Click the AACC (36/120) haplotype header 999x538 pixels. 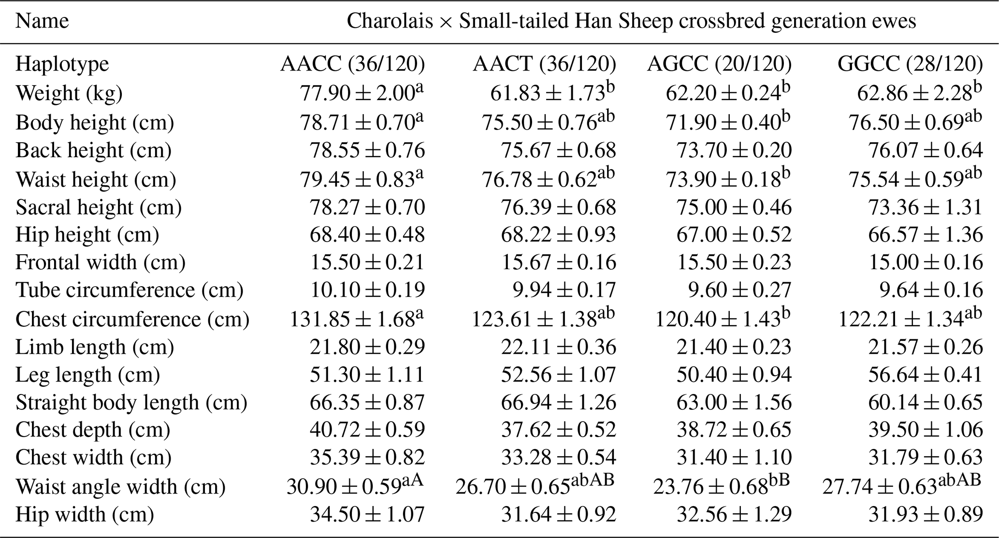[x=352, y=64]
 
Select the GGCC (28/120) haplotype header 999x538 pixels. [x=910, y=64]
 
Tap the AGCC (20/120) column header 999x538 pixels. [x=719, y=64]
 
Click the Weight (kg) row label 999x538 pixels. [x=69, y=93]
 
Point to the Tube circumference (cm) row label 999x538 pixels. [x=129, y=290]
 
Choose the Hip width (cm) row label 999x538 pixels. [x=85, y=514]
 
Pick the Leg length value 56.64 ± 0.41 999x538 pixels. [x=925, y=375]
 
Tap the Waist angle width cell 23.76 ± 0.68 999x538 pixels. [x=710, y=487]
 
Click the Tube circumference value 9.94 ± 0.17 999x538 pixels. [x=564, y=290]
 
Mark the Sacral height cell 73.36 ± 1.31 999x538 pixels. [x=925, y=207]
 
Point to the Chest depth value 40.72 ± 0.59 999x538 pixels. [x=367, y=430]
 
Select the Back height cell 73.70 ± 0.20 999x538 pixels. [x=734, y=150]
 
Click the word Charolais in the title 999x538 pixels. [x=390, y=21]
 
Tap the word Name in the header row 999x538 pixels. [x=42, y=21]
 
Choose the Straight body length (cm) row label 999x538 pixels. [x=131, y=402]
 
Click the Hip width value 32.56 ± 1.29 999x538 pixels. [x=734, y=514]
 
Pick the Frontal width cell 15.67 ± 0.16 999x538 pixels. [x=559, y=262]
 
